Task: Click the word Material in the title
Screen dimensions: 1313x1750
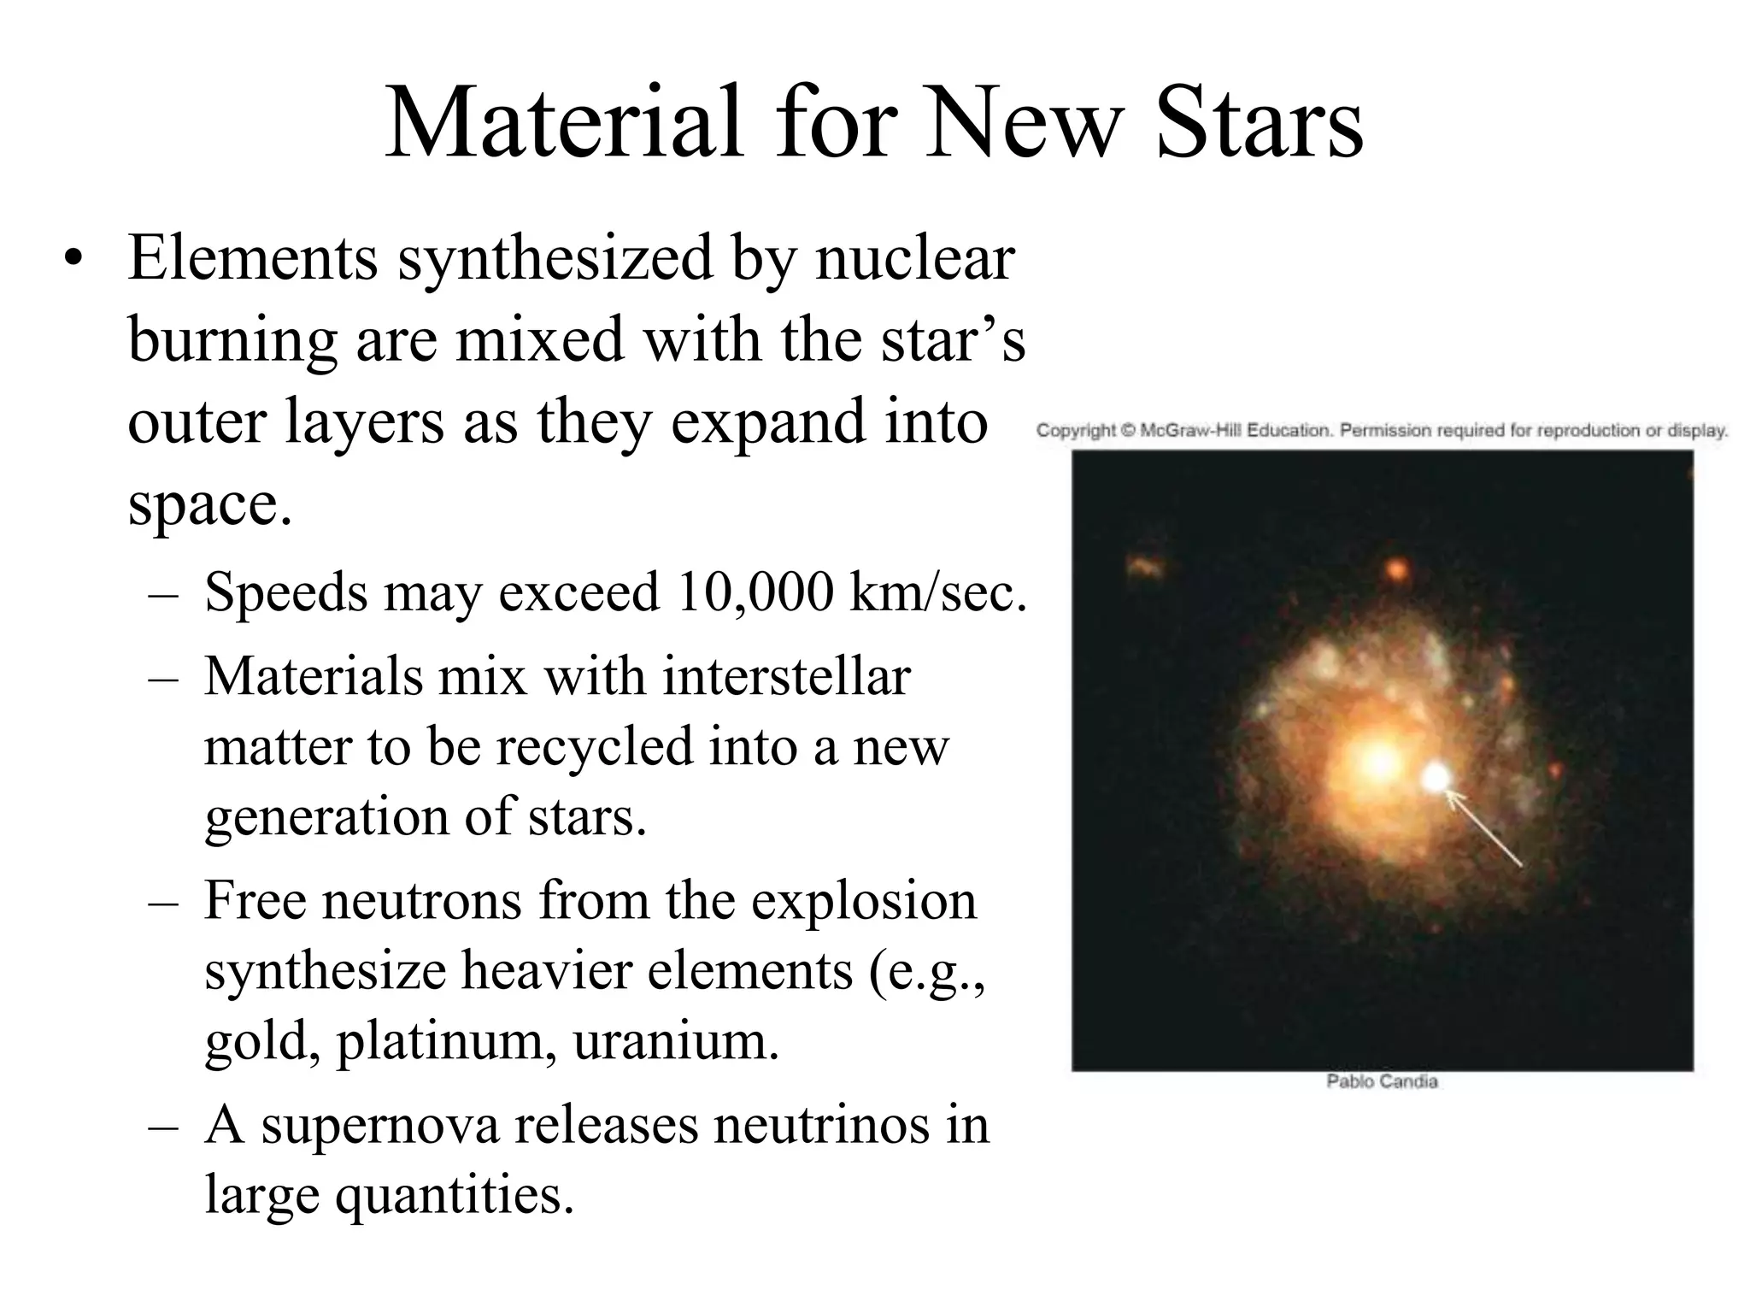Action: [564, 124]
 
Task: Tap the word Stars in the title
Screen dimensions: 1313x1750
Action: [1260, 124]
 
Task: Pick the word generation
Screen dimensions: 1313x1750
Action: [326, 817]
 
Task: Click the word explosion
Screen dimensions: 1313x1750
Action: [863, 900]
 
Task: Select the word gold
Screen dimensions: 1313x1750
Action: [261, 1041]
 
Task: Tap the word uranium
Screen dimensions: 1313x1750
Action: [675, 1041]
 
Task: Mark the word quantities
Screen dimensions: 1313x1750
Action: [454, 1195]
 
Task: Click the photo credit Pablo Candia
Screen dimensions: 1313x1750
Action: [1382, 1081]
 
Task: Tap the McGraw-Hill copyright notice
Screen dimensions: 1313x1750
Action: [1382, 430]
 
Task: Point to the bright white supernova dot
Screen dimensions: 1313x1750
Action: [1436, 777]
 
